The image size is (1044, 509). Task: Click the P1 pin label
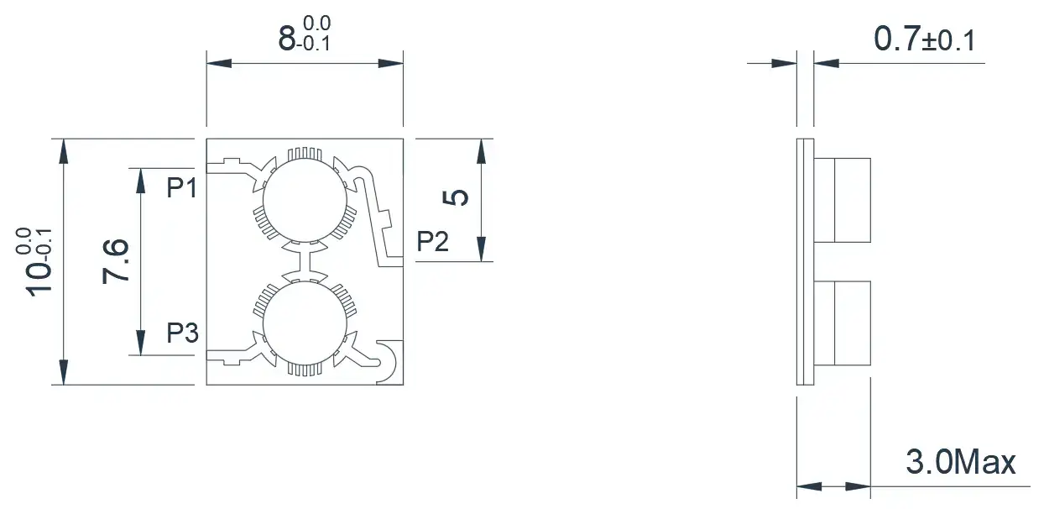[182, 188]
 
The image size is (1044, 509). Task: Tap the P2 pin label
[432, 242]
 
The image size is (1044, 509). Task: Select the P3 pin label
[183, 333]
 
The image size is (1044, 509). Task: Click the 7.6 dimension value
[116, 260]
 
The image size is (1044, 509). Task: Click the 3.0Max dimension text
[961, 462]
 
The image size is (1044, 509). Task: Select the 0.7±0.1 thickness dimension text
[925, 39]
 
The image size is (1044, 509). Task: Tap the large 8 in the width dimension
[287, 39]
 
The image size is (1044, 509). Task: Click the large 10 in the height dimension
[39, 280]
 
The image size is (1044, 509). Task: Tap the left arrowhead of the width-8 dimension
[219, 63]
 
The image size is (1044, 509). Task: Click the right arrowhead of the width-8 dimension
[391, 63]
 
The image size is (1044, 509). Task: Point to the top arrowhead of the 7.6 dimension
[140, 181]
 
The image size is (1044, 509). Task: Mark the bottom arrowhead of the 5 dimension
[482, 249]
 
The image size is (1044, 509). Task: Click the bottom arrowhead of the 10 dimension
[64, 372]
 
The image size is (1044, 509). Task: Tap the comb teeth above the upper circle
[305, 155]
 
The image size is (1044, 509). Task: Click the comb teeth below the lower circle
[305, 369]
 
